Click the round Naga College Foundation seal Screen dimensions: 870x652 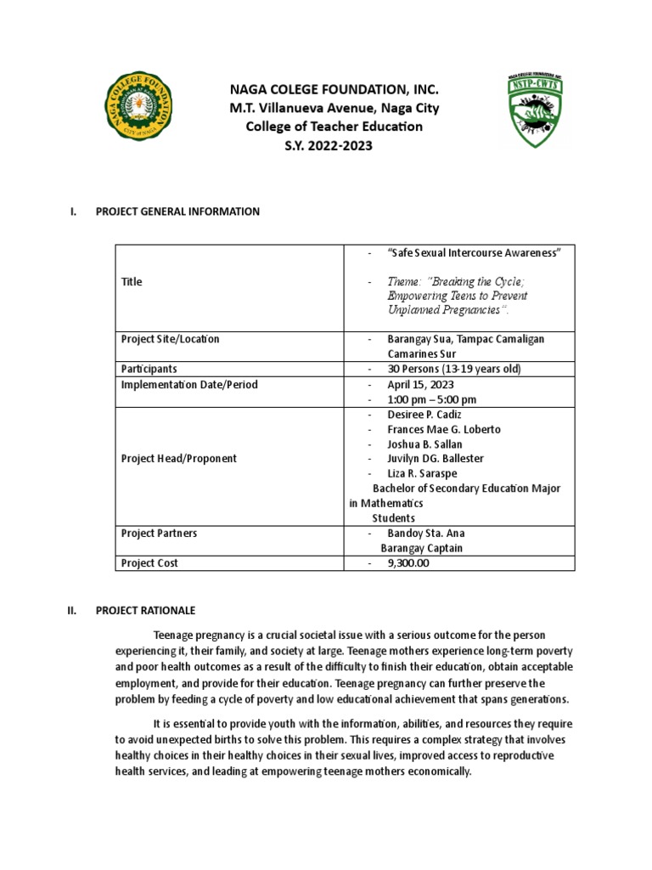point(142,111)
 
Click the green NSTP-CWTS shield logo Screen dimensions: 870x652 point(531,111)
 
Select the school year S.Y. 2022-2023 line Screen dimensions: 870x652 point(327,145)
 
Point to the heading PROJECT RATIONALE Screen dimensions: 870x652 point(145,610)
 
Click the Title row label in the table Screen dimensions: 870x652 point(132,282)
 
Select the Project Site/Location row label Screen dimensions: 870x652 point(170,339)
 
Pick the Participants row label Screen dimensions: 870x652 point(149,369)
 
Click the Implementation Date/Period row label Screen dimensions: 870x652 point(189,385)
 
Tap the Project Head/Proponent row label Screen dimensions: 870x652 point(179,458)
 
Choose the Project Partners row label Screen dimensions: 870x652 point(160,533)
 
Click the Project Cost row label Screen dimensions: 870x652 point(149,562)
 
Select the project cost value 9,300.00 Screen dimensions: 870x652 point(416,562)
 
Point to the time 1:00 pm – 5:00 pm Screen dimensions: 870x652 point(432,399)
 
